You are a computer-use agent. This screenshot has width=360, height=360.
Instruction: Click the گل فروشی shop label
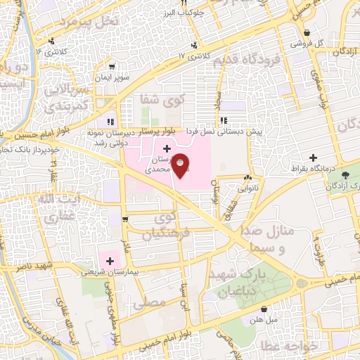(x=327, y=42)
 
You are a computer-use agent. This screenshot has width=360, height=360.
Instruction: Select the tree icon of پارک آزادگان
(x=345, y=174)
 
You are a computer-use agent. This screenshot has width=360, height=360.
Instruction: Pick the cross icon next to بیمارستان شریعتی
(x=110, y=261)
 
